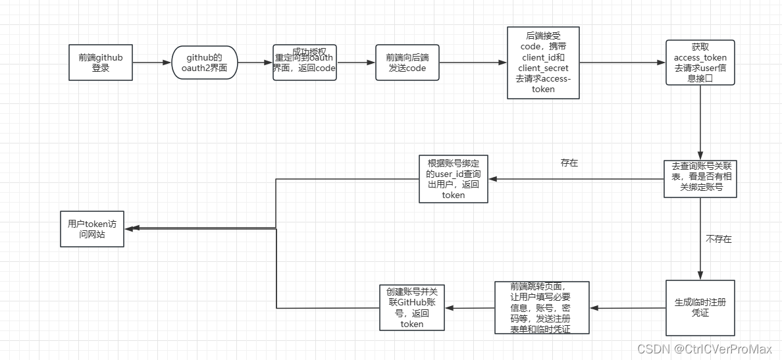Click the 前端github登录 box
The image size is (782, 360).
pos(101,63)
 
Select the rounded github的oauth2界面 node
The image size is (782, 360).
pos(204,63)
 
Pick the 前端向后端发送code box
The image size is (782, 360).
pos(407,63)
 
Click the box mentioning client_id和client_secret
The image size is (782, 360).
pos(543,63)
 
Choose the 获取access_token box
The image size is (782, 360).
pos(700,63)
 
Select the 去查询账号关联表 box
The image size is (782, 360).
pos(700,178)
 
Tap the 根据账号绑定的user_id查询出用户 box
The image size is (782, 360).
pos(454,178)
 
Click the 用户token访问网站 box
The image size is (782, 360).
pos(91,228)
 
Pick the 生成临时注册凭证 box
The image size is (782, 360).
pos(700,307)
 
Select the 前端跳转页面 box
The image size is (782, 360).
pos(542,307)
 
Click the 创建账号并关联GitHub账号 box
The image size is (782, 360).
pos(412,307)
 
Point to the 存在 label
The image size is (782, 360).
pos(569,163)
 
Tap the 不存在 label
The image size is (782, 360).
pos(718,240)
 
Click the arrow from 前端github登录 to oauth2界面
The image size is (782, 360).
pos(151,63)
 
